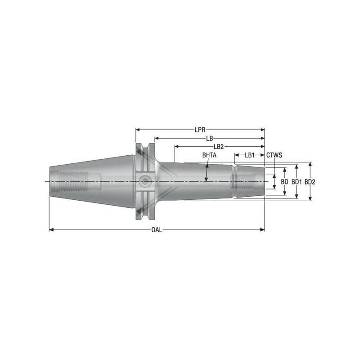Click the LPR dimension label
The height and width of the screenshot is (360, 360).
coord(200,130)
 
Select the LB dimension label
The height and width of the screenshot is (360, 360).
coord(209,138)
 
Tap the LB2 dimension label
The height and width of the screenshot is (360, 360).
coord(219,147)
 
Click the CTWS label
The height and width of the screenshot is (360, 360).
coord(274,155)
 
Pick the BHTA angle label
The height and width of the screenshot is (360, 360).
coord(209,155)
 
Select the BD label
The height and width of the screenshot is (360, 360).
coord(284,182)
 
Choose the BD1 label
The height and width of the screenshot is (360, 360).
coord(296,182)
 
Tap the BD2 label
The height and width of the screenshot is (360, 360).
coord(310,182)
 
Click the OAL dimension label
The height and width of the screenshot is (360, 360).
coord(157,230)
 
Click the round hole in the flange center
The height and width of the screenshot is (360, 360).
coord(145,181)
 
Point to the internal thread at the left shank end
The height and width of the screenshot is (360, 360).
coord(67,181)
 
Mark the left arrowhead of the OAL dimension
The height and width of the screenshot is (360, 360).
coord(50,230)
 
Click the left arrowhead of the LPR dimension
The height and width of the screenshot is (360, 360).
coord(138,130)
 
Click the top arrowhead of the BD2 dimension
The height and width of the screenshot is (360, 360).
coord(310,164)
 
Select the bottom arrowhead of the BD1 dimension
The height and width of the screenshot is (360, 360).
coord(296,196)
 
